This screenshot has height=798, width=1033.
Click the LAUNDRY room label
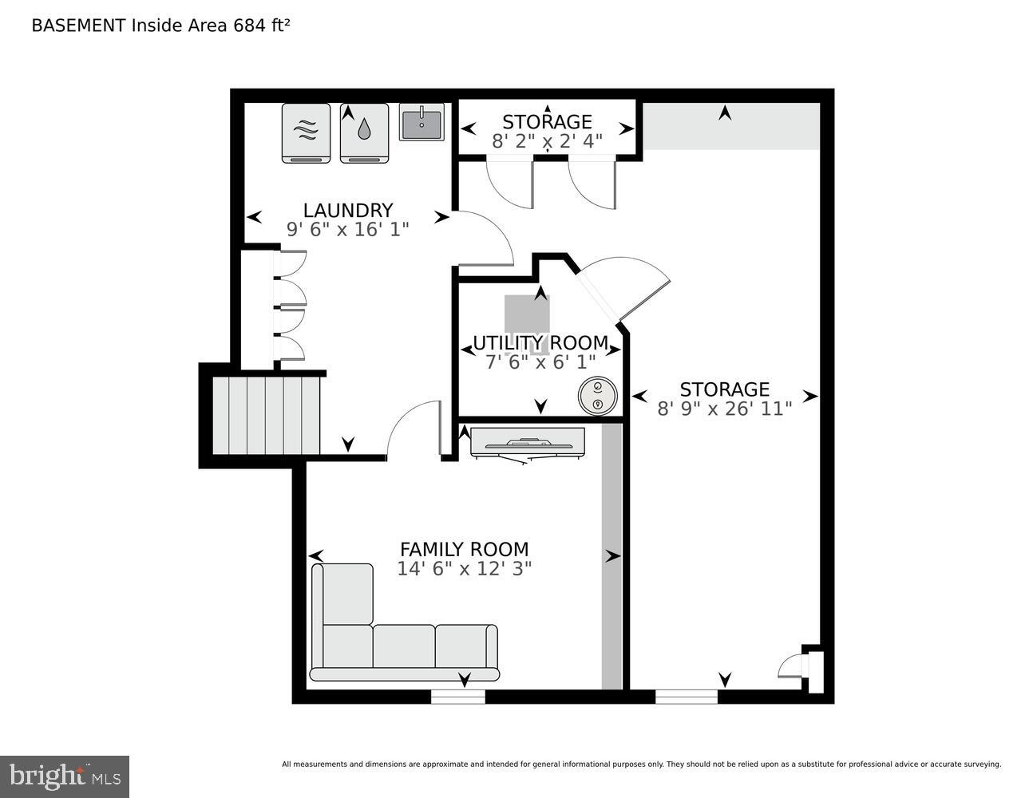coord(347,210)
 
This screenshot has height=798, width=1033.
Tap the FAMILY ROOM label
coord(464,549)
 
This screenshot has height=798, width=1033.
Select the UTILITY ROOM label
coord(540,343)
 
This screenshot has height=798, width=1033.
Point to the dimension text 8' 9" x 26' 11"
coord(724,409)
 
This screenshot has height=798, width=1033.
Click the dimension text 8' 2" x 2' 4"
coord(547,141)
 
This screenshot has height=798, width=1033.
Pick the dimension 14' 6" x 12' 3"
coord(464,568)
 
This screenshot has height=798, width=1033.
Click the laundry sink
coord(422,123)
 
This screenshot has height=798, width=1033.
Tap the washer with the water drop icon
coord(364,132)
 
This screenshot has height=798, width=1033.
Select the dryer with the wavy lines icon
coord(306,132)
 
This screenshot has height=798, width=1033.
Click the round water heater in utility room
coord(598,397)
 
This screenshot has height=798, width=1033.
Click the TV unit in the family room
coord(527,443)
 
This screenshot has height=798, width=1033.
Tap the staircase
coord(266,415)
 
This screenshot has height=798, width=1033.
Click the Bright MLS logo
coord(65,776)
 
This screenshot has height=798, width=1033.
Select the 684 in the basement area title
coord(248,25)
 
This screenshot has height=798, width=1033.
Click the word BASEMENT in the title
coord(78,25)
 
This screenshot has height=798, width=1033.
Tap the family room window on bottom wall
coord(457,697)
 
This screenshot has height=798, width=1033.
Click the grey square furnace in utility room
coord(527,315)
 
